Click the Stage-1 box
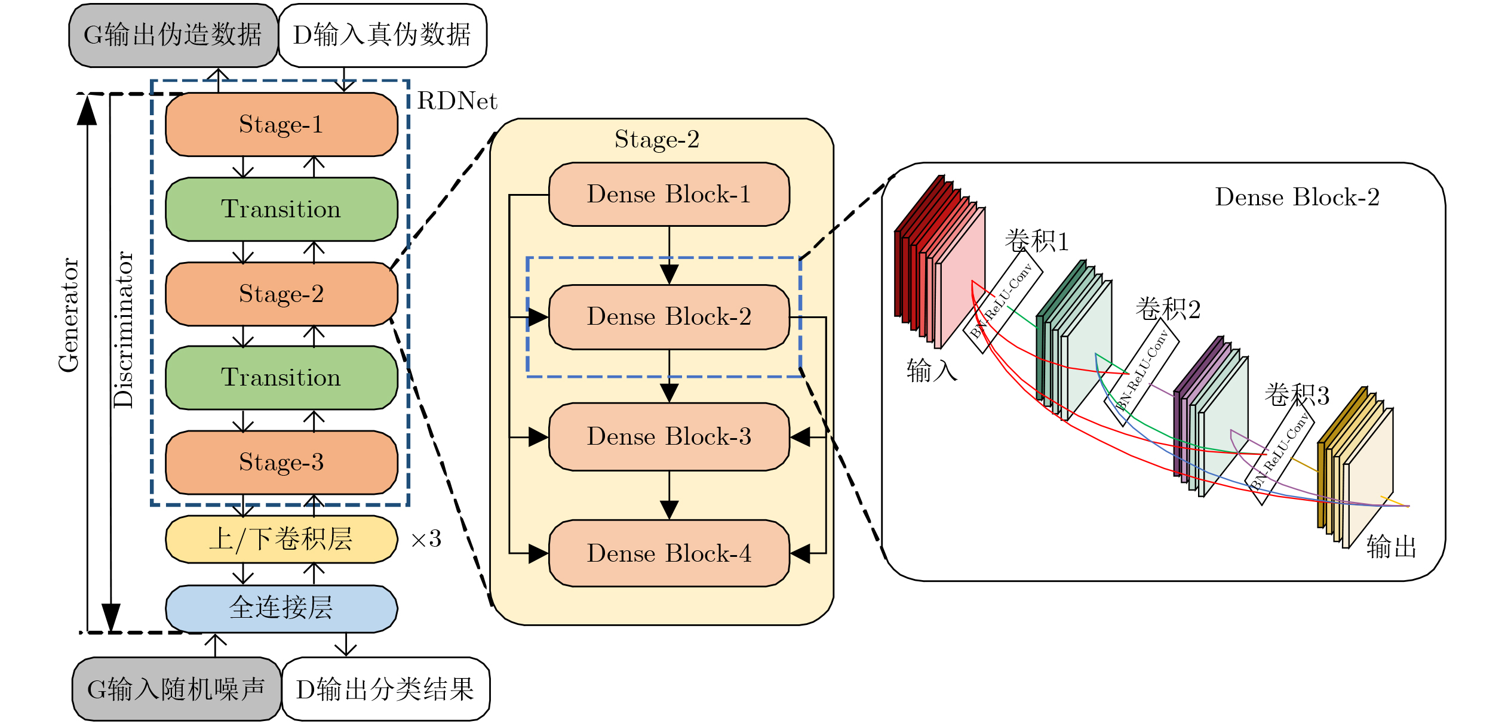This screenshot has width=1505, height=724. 281,124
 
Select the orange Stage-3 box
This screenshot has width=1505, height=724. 281,462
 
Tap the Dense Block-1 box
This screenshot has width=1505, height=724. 669,194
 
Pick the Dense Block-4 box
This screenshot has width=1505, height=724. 669,553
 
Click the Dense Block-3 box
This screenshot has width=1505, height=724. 669,436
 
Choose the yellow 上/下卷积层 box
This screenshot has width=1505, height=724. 281,539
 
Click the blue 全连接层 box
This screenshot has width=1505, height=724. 281,608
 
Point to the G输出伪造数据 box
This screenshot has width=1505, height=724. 173,35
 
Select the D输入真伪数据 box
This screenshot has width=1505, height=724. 382,35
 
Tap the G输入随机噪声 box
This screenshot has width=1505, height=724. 176,689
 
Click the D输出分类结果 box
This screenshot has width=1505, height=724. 385,689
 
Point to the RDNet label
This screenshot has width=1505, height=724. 457,101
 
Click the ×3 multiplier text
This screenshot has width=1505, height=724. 426,540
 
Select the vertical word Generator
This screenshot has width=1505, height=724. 69,315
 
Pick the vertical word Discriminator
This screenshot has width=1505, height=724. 124,329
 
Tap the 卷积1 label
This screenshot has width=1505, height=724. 1036,241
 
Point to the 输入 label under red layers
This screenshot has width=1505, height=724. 932,371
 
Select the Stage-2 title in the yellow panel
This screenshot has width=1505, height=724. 657,140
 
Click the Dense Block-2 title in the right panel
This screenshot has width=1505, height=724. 1297,197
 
